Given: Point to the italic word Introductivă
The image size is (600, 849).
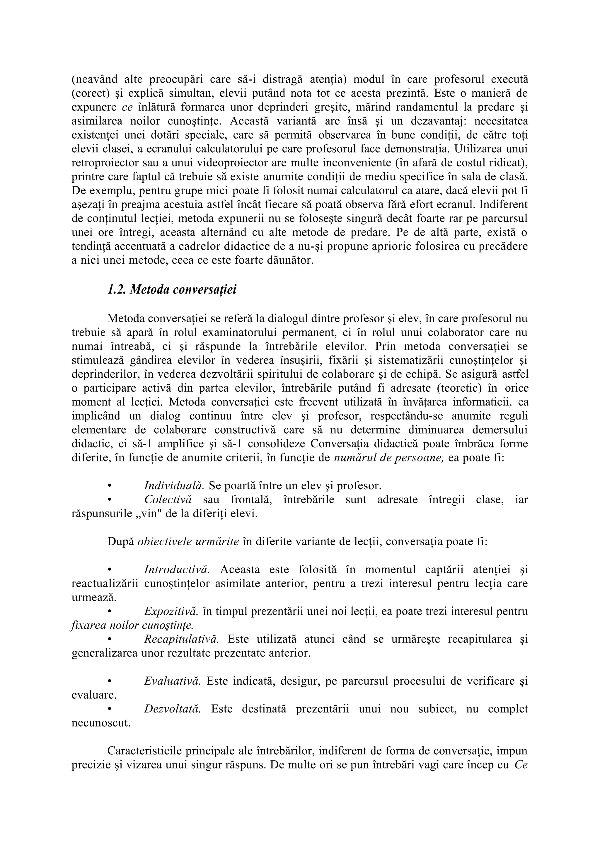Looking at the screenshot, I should (x=177, y=570).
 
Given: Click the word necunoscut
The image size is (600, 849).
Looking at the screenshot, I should (x=101, y=723).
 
